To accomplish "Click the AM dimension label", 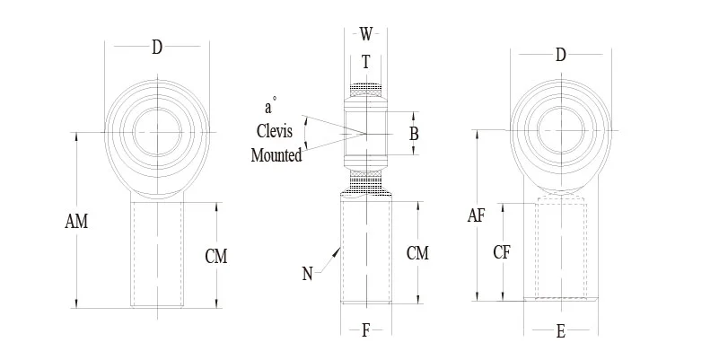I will click(x=78, y=221).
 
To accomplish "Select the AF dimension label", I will click(x=478, y=215).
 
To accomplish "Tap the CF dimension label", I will click(x=503, y=252).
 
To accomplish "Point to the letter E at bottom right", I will click(x=561, y=331).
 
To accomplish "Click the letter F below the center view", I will click(x=365, y=331).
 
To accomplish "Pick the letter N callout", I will click(x=308, y=274).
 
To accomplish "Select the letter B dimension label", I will click(x=414, y=135).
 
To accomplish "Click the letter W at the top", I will click(x=365, y=35).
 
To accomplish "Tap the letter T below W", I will click(x=365, y=62).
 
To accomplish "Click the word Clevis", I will click(x=275, y=131).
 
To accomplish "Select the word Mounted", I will click(x=276, y=154).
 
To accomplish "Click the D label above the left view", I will click(x=157, y=48).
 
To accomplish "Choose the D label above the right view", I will click(x=561, y=56).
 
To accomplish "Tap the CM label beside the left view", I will click(x=216, y=257).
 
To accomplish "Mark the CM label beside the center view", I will click(x=417, y=253).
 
